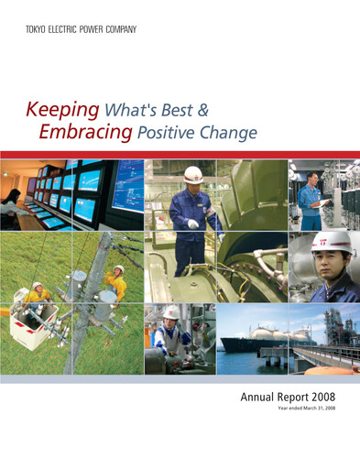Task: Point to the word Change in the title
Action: click(x=227, y=133)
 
